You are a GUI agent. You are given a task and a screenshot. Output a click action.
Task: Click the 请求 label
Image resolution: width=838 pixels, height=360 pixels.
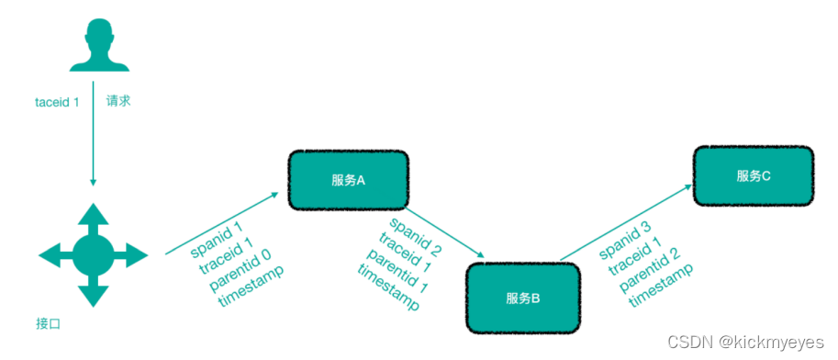pos(118,101)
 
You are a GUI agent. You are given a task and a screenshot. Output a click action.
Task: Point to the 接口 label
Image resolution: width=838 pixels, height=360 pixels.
pos(48,323)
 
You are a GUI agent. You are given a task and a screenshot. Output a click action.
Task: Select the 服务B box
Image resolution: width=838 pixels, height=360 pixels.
pos(523,298)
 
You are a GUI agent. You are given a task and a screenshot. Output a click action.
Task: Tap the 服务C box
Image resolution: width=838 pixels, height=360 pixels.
pos(754,175)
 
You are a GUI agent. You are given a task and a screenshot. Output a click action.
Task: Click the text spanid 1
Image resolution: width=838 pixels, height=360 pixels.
pos(217,238)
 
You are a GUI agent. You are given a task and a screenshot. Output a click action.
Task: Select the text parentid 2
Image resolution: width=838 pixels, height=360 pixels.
pos(650,265)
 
